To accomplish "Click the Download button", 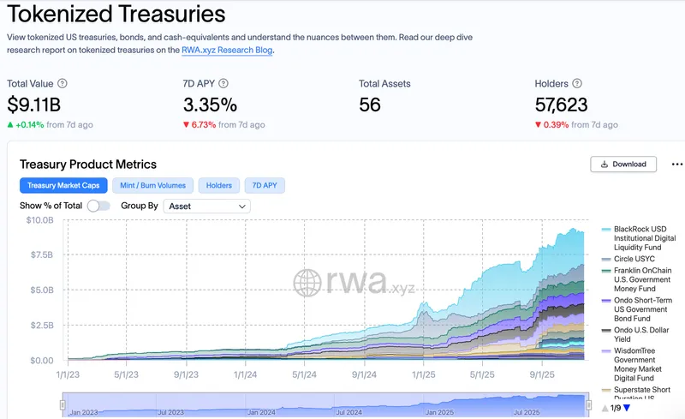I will point(623,164).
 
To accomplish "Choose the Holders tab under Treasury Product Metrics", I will point(218,185).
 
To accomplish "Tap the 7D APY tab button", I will point(265,185).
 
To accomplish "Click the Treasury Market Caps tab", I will point(64,185).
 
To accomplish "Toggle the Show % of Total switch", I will point(98,206).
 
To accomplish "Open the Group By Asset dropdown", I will point(206,206).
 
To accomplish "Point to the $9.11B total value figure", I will point(34,105).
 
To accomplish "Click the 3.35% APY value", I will point(210,105).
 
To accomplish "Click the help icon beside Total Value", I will point(63,84).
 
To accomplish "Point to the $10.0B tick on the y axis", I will point(41,220).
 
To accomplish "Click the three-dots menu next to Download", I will point(676,164).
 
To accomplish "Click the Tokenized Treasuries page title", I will point(116,14).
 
